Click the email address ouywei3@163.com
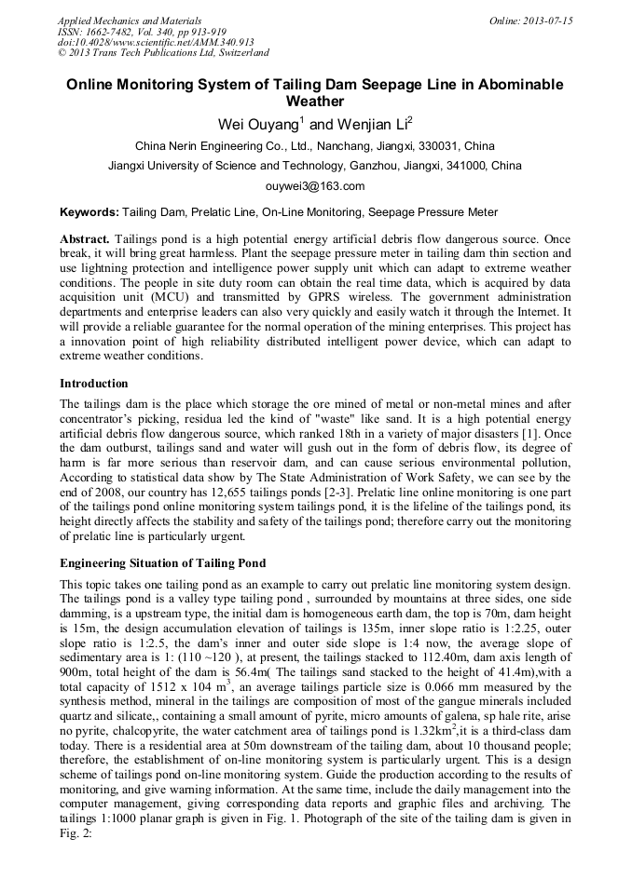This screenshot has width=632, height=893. tap(315, 185)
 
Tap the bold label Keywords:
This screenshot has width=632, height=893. tap(89, 212)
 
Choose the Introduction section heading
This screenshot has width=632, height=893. tap(94, 383)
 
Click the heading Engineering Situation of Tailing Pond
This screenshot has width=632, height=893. tap(162, 562)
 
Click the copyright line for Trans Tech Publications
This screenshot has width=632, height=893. tap(163, 53)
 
